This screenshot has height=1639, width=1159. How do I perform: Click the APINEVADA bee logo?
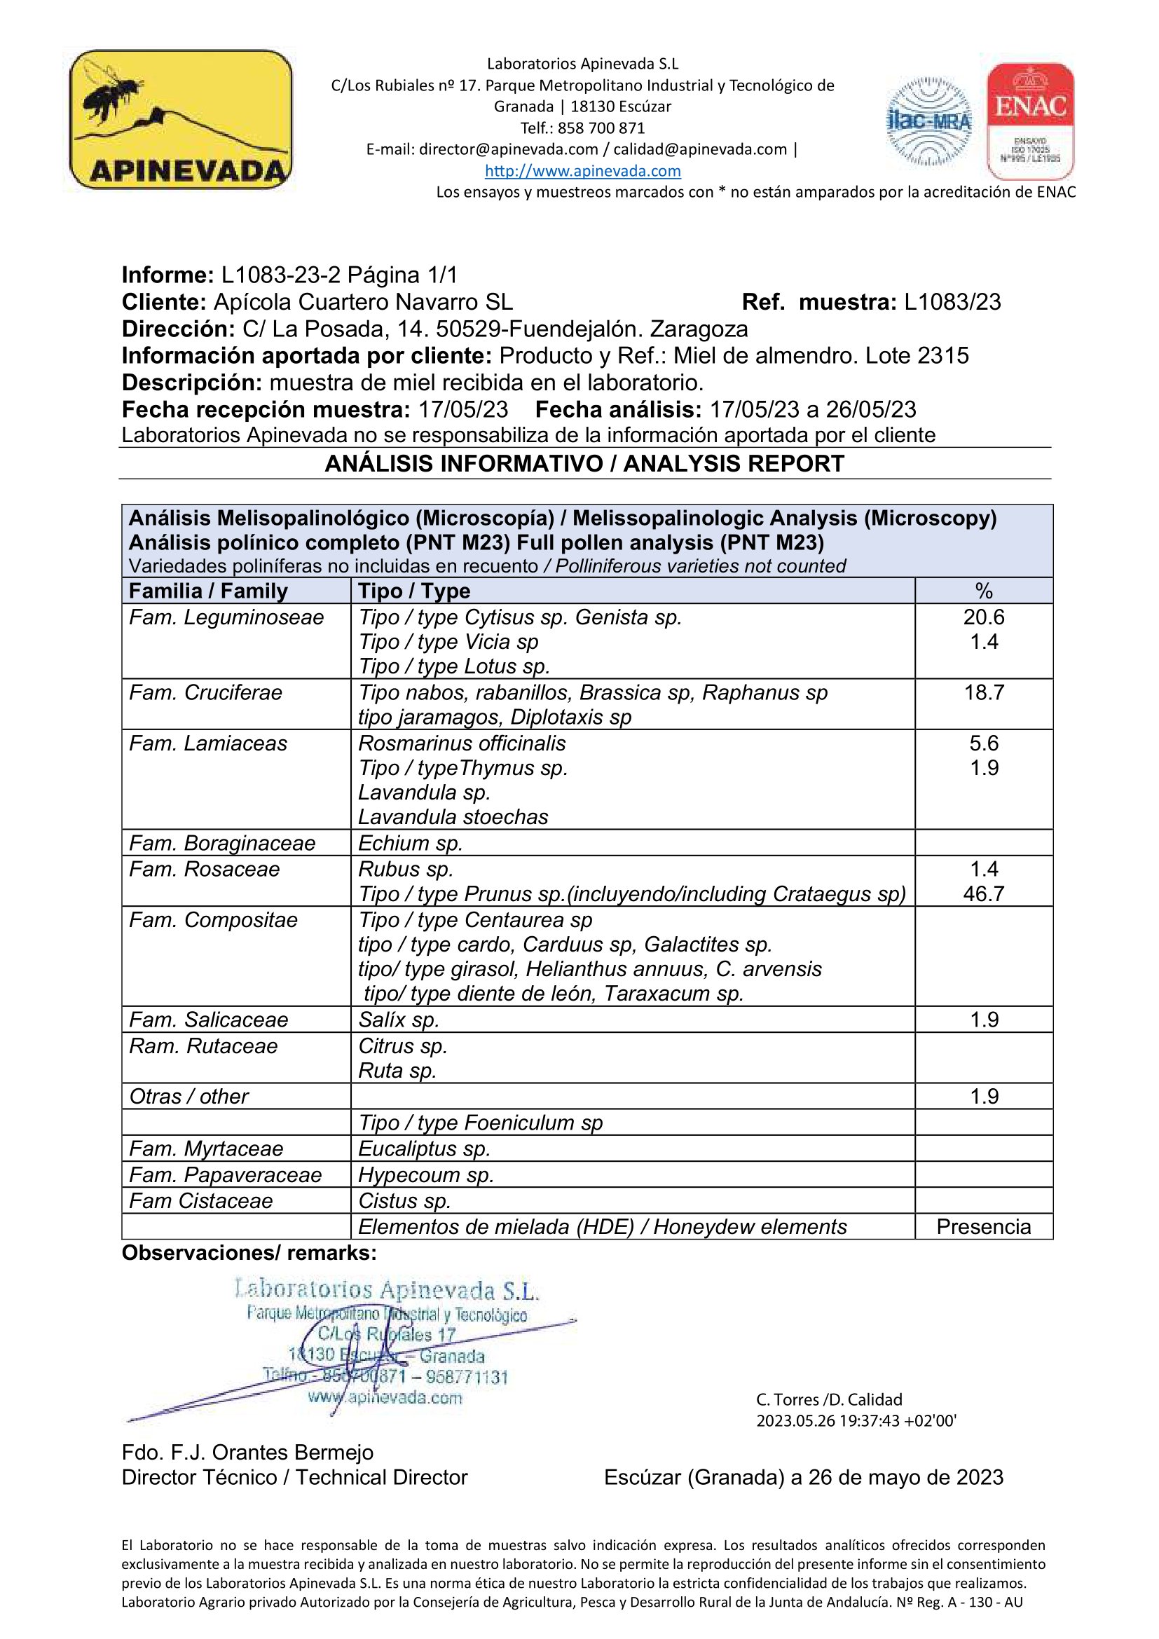[x=181, y=119]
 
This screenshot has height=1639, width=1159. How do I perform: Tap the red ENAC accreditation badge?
[x=1031, y=121]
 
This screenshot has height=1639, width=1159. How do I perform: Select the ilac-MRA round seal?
[x=928, y=121]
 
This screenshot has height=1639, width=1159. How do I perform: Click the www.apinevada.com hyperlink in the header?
[x=582, y=170]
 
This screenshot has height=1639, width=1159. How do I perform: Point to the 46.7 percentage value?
[x=983, y=893]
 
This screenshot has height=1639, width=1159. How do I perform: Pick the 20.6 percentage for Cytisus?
[x=983, y=617]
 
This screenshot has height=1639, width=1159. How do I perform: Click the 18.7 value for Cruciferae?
[x=983, y=692]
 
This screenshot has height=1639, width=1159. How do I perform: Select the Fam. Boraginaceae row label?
[x=222, y=843]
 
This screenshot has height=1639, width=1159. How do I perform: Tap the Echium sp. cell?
[x=411, y=843]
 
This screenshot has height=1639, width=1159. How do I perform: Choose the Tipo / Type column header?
[x=414, y=591]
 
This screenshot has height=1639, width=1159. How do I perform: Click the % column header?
[x=983, y=591]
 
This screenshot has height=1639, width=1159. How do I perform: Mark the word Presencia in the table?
[x=983, y=1226]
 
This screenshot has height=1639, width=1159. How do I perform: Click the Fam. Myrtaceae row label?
[x=206, y=1148]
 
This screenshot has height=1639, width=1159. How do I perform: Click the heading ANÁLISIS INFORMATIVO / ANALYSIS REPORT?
[x=584, y=464]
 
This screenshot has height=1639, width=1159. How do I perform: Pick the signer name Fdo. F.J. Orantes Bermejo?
[x=247, y=1452]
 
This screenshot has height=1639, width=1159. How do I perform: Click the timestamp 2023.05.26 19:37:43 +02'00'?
[x=856, y=1420]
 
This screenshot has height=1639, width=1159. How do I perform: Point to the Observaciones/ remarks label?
[x=249, y=1253]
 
